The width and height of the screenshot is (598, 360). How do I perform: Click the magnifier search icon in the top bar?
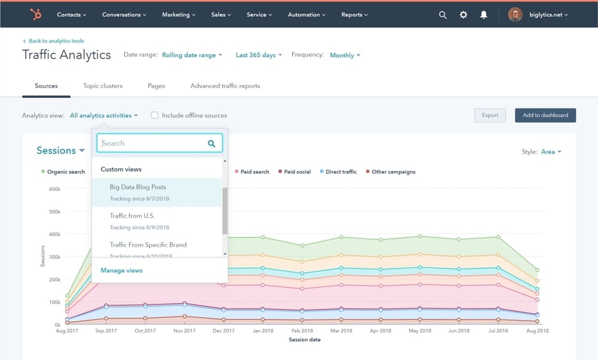(x=443, y=15)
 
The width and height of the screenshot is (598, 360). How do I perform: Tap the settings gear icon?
(x=463, y=15)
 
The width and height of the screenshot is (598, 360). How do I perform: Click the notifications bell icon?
(x=484, y=15)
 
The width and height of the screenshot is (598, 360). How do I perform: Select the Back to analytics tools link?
(x=55, y=41)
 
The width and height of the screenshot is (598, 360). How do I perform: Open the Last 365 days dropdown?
(x=258, y=55)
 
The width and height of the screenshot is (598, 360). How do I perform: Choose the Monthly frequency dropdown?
(x=345, y=55)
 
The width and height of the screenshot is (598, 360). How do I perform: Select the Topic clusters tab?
(x=103, y=86)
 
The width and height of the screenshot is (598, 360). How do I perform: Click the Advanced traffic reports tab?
(x=225, y=86)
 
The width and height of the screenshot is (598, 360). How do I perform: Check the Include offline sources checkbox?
(x=154, y=115)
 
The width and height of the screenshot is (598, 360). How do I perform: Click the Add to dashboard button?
(x=545, y=115)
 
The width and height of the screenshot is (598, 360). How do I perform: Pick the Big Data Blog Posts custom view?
(x=138, y=187)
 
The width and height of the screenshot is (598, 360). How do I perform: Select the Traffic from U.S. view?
(x=132, y=216)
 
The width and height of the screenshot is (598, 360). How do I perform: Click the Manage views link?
(x=121, y=270)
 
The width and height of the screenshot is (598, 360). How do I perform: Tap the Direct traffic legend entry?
(x=341, y=172)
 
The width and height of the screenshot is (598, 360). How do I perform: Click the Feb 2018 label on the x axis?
(x=302, y=331)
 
